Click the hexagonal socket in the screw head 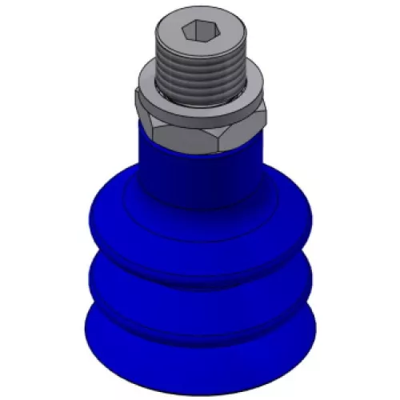coord(198,32)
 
